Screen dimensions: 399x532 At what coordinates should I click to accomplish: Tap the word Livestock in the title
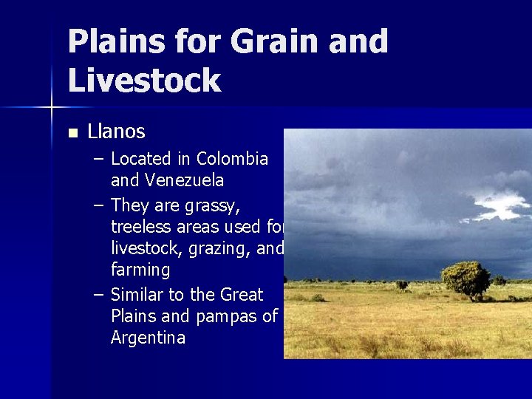pyautogui.click(x=144, y=80)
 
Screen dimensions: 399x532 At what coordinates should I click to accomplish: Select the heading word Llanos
pyautogui.click(x=116, y=132)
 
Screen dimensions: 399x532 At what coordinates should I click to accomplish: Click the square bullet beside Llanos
pyautogui.click(x=72, y=134)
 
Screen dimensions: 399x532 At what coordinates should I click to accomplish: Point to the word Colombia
pyautogui.click(x=233, y=159)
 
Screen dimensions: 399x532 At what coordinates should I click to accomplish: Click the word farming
pyautogui.click(x=140, y=270)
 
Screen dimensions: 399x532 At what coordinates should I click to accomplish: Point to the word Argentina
pyautogui.click(x=148, y=338)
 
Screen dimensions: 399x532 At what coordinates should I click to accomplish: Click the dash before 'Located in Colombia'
pyautogui.click(x=98, y=160)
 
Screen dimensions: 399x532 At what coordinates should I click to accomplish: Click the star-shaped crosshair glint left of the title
pyautogui.click(x=52, y=108)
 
